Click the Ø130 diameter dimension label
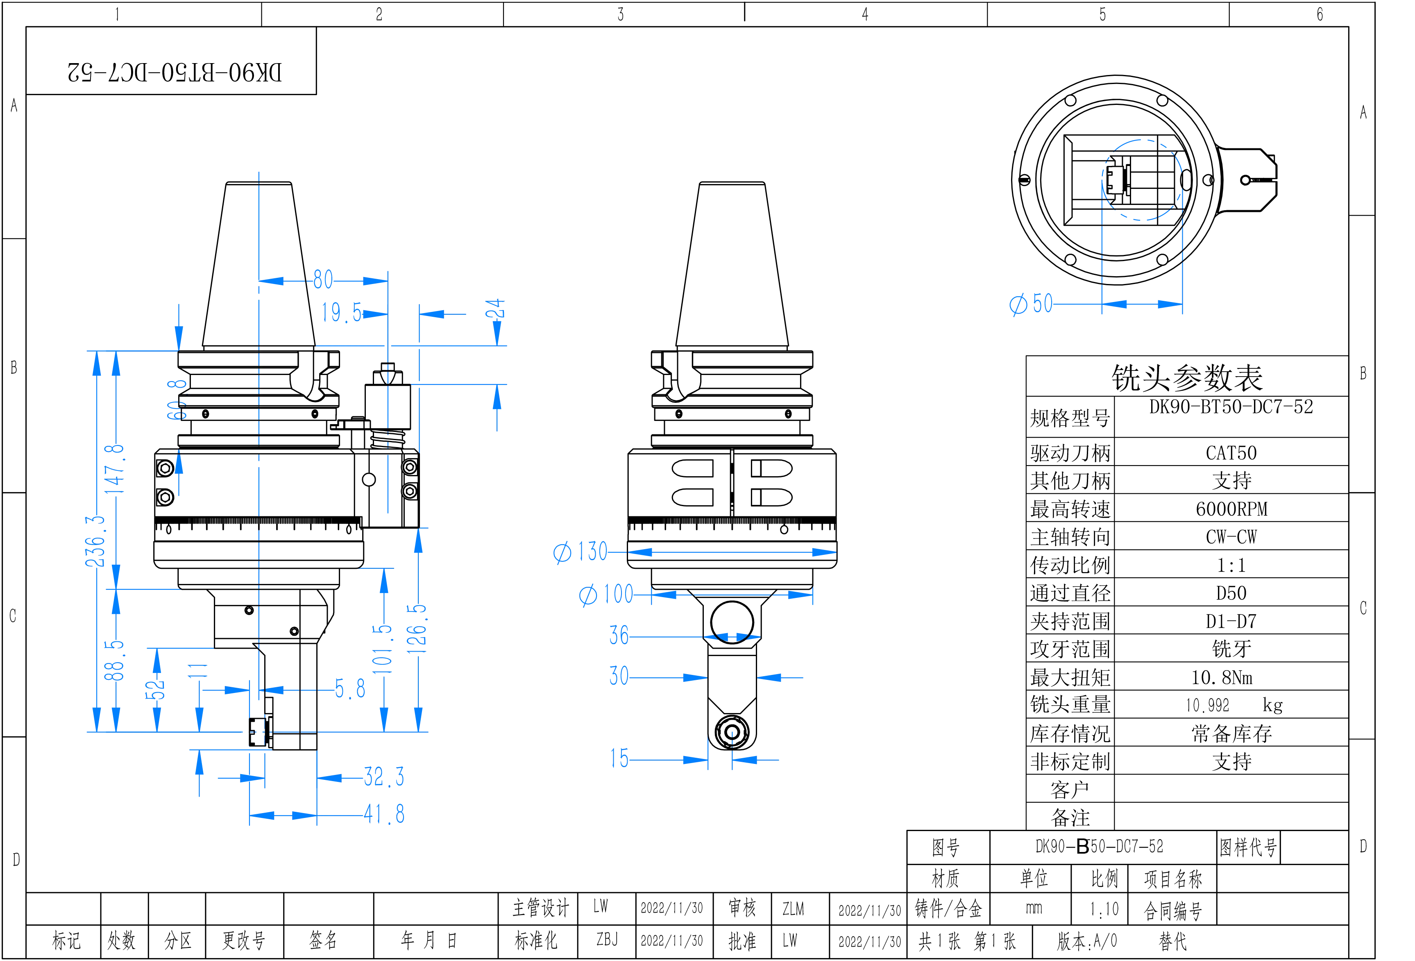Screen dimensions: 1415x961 point(580,552)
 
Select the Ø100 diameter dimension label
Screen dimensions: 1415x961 point(606,594)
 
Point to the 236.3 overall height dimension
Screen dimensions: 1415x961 point(95,541)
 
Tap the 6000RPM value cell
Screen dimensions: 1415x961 point(1231,509)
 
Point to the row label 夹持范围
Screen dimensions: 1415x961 point(1070,622)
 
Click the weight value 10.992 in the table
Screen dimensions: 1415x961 point(1207,706)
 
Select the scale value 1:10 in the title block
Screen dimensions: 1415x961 point(1104,910)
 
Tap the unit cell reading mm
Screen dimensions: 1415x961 point(1034,909)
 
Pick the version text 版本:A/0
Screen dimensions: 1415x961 point(1087,941)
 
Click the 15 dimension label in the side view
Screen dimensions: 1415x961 point(619,759)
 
